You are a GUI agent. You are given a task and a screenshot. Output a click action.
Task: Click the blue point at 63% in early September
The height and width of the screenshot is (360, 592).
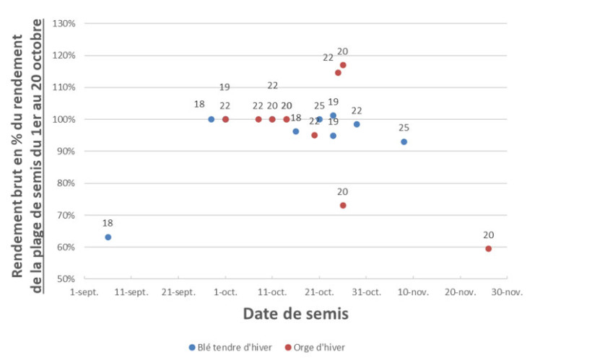[x=108, y=237]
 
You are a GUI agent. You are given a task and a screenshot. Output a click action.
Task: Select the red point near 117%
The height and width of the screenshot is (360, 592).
[x=343, y=65]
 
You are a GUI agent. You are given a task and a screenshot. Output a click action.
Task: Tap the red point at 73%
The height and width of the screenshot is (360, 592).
[x=343, y=206]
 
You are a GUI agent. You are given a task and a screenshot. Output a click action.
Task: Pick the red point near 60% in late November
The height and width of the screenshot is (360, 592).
[x=489, y=249]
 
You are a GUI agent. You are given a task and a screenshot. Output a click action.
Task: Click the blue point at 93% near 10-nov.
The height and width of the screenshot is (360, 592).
[x=404, y=142]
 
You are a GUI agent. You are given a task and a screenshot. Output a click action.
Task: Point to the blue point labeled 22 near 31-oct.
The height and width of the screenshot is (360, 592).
[x=357, y=124]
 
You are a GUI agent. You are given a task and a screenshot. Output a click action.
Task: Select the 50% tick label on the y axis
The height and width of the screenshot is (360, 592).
[x=66, y=278]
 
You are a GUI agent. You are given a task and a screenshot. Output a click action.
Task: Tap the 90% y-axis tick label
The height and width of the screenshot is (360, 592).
[x=66, y=152]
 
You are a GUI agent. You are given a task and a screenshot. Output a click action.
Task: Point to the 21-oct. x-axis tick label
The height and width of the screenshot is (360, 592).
[x=318, y=292]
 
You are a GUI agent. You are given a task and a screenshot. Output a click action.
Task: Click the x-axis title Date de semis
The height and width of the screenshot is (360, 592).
[x=295, y=314]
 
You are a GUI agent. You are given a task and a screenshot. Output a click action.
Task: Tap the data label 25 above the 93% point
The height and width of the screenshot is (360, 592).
[x=404, y=128]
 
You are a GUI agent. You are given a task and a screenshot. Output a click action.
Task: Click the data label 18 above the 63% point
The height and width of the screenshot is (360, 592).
[x=108, y=223]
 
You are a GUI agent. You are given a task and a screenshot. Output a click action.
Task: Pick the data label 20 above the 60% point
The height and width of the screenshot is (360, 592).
[x=489, y=235]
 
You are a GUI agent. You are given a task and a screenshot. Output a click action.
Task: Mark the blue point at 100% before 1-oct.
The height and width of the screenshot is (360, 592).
[x=211, y=119]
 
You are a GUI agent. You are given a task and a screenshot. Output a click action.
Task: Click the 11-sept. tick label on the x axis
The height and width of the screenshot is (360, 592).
[x=131, y=292]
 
